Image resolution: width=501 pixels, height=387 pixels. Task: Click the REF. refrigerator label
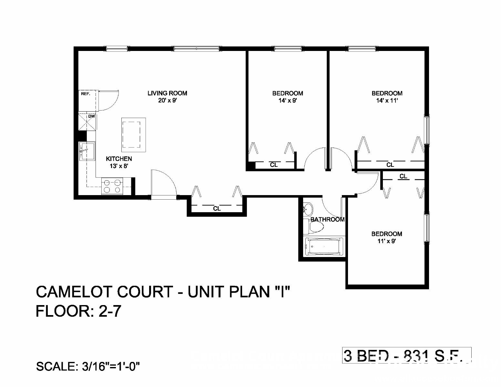coord(86,94)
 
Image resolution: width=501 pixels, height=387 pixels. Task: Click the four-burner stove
coord(112,186)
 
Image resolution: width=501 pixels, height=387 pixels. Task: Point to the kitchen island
coord(133,134)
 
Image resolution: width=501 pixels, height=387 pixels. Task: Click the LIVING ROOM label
coord(167,93)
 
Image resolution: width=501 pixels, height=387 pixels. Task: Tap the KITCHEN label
coord(119,159)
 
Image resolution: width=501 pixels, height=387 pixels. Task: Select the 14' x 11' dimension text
coord(387,101)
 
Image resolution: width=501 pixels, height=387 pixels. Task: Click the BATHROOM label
coord(327,220)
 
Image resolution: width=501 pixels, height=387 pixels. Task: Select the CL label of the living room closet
coord(217,209)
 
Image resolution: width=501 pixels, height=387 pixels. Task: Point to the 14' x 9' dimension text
coord(287,101)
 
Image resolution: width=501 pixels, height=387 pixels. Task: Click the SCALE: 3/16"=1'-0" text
coord(88,366)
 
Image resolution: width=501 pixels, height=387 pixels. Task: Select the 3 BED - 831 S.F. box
coord(406,355)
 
